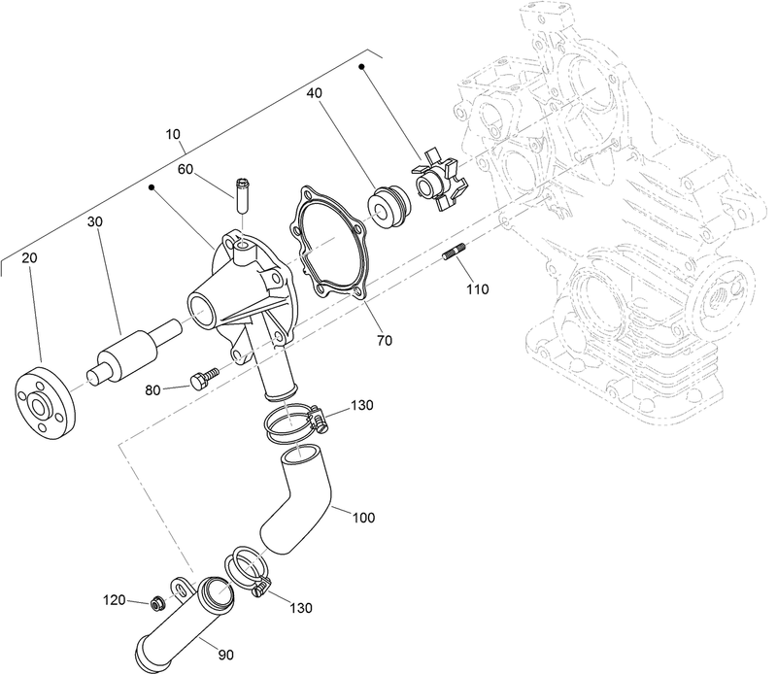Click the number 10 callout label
click(x=174, y=135)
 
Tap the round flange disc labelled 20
click(x=43, y=398)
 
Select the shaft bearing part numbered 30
click(x=131, y=353)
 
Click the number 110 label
click(x=477, y=288)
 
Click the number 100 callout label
click(x=362, y=518)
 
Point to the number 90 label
click(x=225, y=654)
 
